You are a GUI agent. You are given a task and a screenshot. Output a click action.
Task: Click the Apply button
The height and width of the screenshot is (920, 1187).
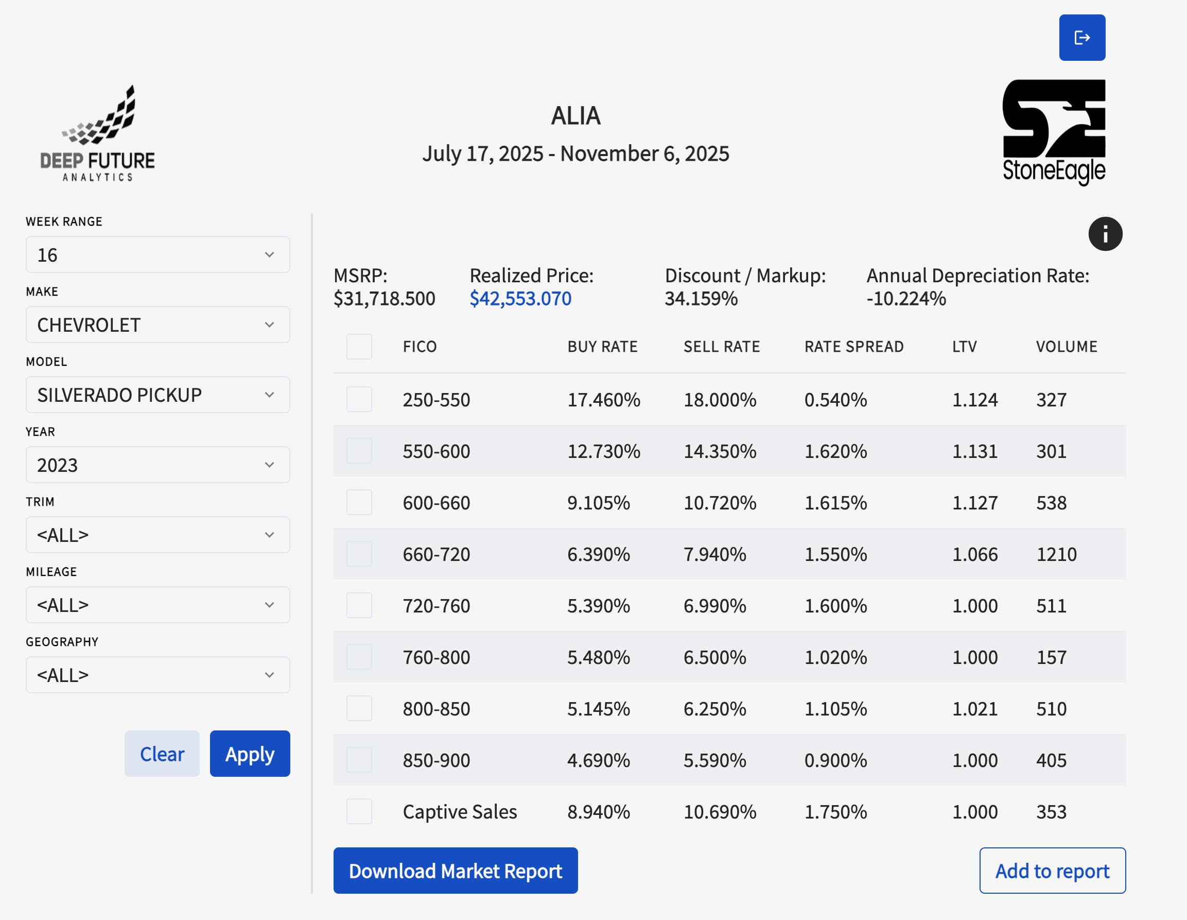pos(250,754)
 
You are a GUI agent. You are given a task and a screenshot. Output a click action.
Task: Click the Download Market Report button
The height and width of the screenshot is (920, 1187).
pos(456,871)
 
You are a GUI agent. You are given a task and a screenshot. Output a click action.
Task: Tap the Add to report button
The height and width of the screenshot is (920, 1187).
pos(1052,871)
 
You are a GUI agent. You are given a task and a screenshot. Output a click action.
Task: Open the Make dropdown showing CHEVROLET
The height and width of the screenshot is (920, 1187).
pos(158,325)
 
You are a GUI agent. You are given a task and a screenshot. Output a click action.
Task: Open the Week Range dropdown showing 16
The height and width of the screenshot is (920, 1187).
pos(158,254)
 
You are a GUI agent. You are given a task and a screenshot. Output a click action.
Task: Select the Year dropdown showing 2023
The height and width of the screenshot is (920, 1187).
pos(158,465)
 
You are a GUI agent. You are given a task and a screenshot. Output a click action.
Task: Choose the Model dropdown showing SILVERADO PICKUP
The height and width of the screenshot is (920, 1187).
pos(158,395)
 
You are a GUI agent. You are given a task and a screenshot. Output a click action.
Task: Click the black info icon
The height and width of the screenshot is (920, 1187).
pos(1105,234)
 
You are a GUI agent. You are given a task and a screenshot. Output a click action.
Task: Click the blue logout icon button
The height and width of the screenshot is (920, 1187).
pos(1082,38)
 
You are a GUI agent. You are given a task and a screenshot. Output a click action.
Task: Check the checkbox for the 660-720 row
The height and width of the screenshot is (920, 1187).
pos(359,554)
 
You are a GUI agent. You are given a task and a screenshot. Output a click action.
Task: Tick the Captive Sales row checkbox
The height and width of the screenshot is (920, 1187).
pos(359,811)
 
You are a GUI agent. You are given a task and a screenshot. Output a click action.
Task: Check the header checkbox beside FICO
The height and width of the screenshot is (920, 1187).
pos(359,346)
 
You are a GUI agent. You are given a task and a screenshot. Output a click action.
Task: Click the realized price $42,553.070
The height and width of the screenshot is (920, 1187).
pos(520,299)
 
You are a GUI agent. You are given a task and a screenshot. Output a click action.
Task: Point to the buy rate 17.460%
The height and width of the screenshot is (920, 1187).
pos(604,400)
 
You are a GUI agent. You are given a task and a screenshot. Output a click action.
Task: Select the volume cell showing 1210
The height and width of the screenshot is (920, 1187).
pos(1056,554)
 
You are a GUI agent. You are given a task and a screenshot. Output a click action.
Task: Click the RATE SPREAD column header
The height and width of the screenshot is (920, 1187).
pos(854,346)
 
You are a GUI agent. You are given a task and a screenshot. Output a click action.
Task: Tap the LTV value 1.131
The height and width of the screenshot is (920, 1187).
pos(974,451)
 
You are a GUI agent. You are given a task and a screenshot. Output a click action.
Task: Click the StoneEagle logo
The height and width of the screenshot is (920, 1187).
pos(1054,132)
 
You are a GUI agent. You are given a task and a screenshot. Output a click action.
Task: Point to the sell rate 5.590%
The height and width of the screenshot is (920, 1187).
pos(714,760)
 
